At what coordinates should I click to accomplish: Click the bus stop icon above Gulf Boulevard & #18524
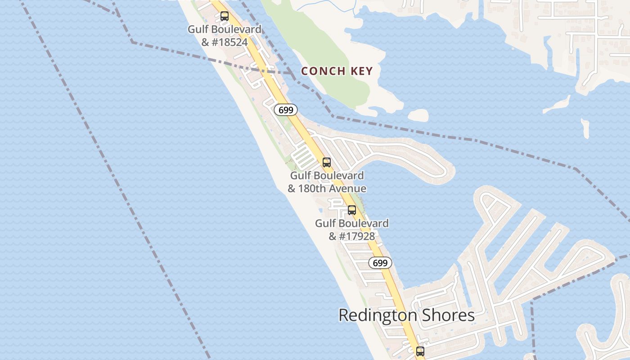224,16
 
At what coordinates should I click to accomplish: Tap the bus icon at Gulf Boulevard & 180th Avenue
327,162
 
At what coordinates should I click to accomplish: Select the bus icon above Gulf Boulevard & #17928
352,210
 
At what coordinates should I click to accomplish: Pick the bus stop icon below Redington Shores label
420,351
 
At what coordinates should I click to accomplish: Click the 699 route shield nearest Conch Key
286,109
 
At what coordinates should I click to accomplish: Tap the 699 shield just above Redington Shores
380,263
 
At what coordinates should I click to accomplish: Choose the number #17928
358,236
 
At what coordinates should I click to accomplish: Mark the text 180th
313,189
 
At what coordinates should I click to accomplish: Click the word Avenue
348,189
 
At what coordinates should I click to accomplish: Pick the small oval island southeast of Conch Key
418,115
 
